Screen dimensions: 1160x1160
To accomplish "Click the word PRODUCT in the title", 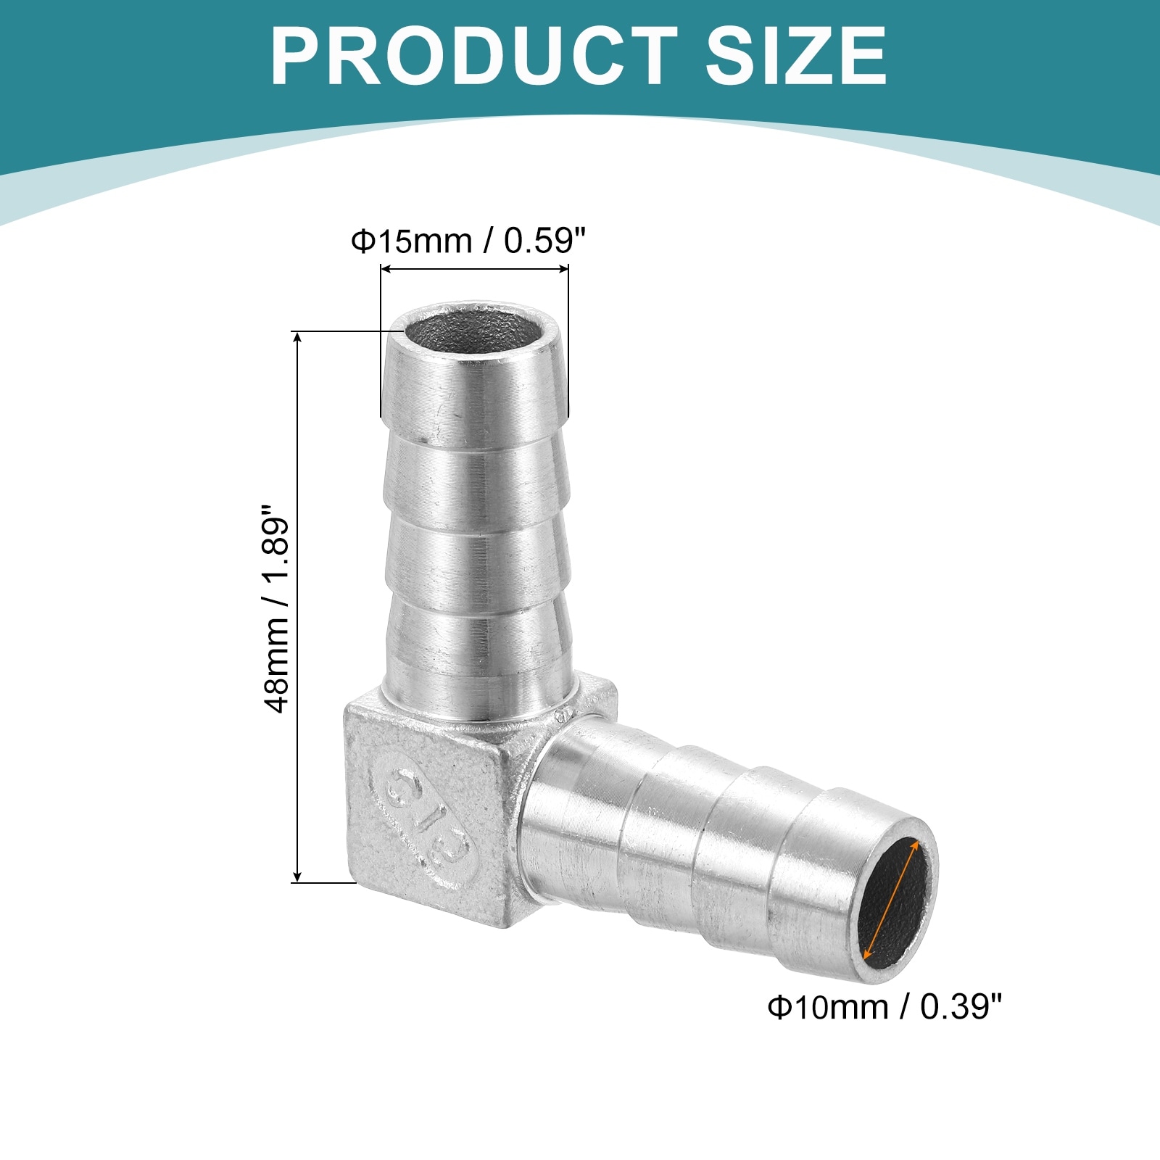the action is (x=474, y=56).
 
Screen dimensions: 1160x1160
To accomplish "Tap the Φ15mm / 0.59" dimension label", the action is (x=468, y=241).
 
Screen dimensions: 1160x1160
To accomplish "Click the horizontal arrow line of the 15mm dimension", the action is (x=475, y=269).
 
